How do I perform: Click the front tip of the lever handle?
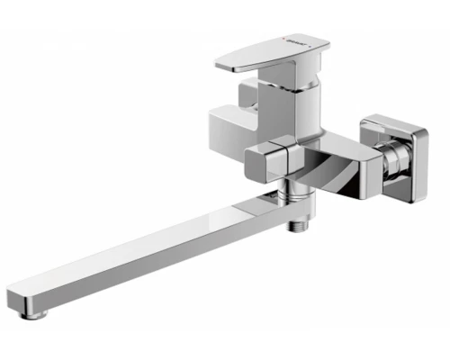[225, 64]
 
